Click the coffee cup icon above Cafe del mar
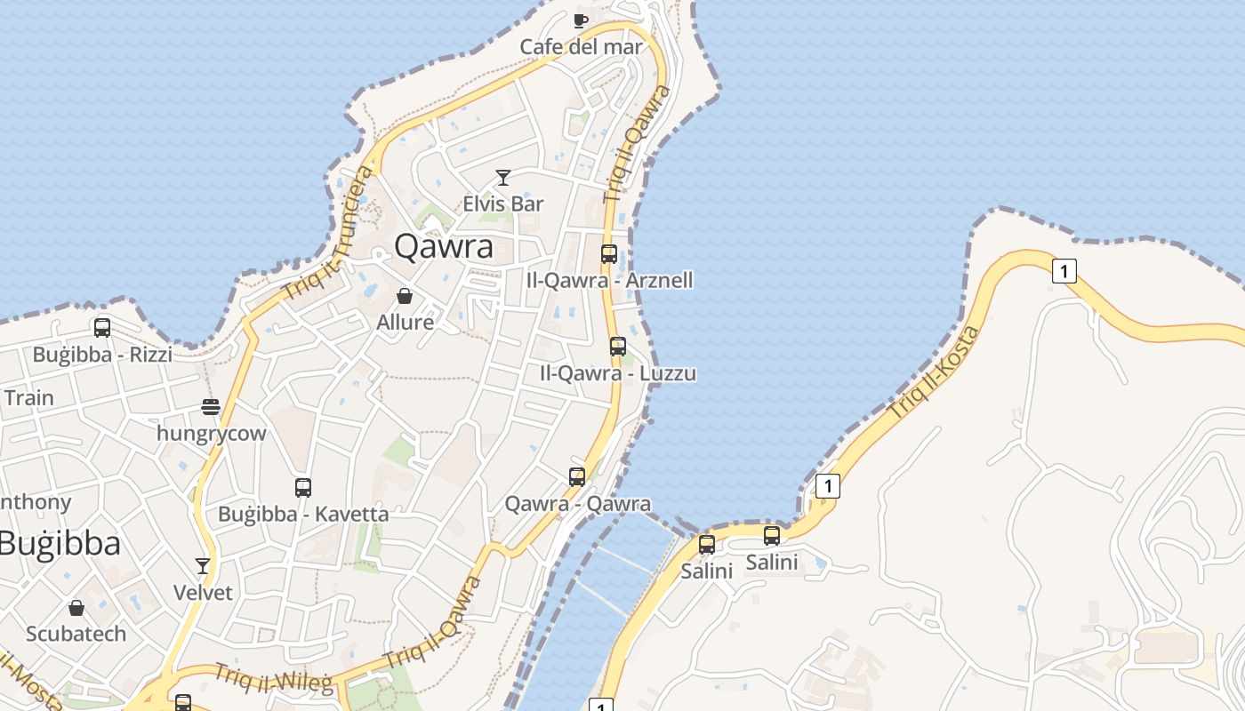pyautogui.click(x=581, y=20)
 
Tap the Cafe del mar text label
pyautogui.click(x=581, y=47)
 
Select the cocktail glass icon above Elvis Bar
pyautogui.click(x=503, y=178)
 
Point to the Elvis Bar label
pyautogui.click(x=503, y=204)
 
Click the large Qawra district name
pyautogui.click(x=443, y=246)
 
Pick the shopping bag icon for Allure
pyautogui.click(x=405, y=296)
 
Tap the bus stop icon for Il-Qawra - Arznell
pyautogui.click(x=609, y=254)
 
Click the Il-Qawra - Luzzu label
pyautogui.click(x=618, y=373)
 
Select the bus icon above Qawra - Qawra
pyautogui.click(x=577, y=477)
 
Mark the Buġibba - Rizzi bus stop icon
pyautogui.click(x=102, y=328)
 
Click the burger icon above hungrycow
pyautogui.click(x=211, y=407)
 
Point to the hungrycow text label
pyautogui.click(x=211, y=434)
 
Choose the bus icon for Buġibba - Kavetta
pyautogui.click(x=303, y=488)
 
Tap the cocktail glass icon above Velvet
pyautogui.click(x=203, y=566)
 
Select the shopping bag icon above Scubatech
pyautogui.click(x=76, y=608)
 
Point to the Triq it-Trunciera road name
pyautogui.click(x=326, y=233)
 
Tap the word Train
pyautogui.click(x=29, y=397)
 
